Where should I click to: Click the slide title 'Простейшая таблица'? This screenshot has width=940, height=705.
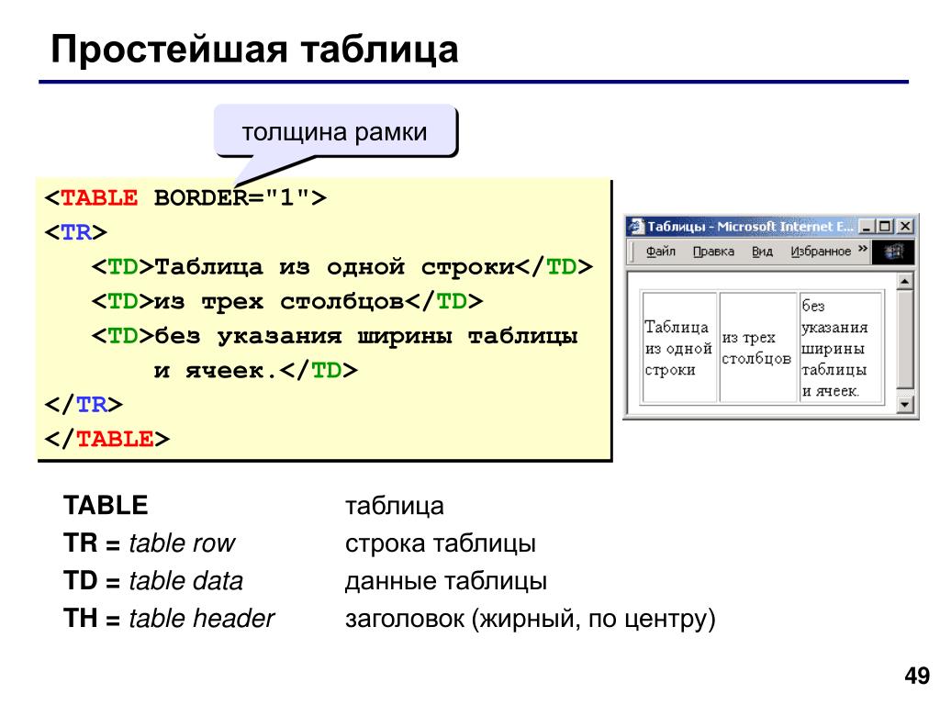(x=254, y=50)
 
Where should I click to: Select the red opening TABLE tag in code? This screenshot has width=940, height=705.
(x=99, y=198)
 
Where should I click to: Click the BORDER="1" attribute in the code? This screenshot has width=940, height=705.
(x=232, y=198)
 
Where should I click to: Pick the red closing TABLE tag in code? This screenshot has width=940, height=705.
(x=115, y=439)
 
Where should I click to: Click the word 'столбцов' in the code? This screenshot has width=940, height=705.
(x=341, y=301)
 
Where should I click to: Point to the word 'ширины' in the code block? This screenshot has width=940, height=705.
(x=404, y=336)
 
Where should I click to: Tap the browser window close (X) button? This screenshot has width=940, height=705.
(x=905, y=226)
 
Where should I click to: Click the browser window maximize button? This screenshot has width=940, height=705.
(x=886, y=226)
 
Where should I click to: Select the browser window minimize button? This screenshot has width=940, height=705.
(x=867, y=226)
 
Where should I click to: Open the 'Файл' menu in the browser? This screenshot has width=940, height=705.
(x=661, y=252)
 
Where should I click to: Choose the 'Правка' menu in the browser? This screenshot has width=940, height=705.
(x=713, y=252)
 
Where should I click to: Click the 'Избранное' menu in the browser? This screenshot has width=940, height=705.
(x=820, y=252)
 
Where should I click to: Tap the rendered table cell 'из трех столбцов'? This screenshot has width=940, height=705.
(x=757, y=348)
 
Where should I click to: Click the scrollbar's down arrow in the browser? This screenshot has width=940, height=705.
(x=904, y=405)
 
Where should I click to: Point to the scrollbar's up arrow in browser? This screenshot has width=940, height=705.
(x=904, y=281)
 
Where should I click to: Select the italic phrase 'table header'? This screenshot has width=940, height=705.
(x=201, y=618)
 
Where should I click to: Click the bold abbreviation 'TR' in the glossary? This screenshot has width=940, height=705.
(x=81, y=543)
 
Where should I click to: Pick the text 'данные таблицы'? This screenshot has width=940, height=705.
(x=446, y=581)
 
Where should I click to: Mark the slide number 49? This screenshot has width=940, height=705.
(x=917, y=676)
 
